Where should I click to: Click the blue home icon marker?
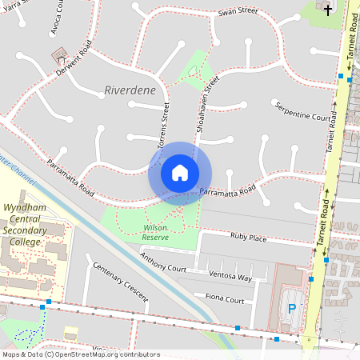click(x=180, y=173)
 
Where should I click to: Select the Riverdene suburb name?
click(x=130, y=90)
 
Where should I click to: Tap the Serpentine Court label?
click(x=302, y=112)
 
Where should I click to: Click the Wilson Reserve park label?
click(x=155, y=232)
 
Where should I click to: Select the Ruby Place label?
click(x=248, y=238)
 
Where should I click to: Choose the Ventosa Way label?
click(x=230, y=277)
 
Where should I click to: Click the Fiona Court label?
click(x=225, y=300)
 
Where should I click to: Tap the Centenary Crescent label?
click(x=120, y=282)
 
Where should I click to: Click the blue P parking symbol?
click(x=292, y=308)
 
